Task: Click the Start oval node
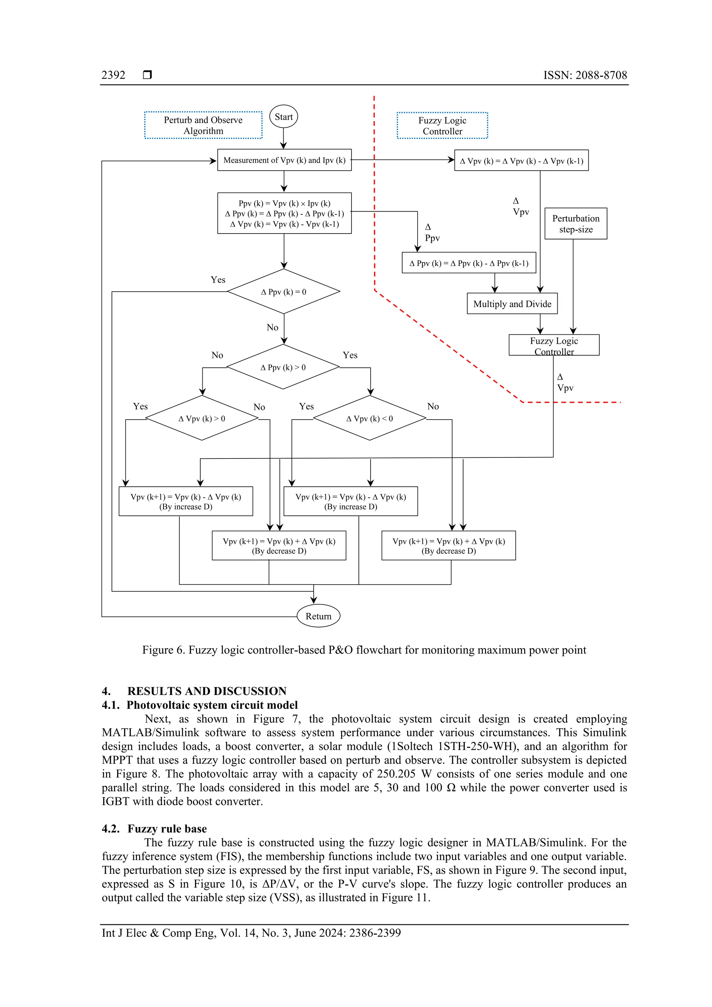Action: click(283, 117)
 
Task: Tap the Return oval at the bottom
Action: click(318, 616)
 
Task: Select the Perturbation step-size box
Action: click(576, 224)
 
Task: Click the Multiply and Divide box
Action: click(512, 303)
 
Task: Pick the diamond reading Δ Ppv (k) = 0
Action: click(283, 292)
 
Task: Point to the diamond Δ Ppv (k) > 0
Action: click(283, 367)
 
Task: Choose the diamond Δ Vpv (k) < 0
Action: click(369, 419)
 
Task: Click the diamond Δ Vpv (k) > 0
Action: click(202, 419)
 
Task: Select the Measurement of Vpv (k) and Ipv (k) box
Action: click(284, 160)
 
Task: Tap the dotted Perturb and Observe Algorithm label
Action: click(203, 125)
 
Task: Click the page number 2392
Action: click(113, 75)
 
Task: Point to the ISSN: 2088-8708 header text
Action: click(585, 75)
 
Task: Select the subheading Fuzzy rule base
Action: click(167, 828)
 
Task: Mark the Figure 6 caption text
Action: click(364, 650)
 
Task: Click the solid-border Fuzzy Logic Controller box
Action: click(553, 345)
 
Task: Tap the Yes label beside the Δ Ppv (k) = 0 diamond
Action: click(218, 280)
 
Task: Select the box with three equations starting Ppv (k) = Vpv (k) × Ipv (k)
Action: click(284, 213)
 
